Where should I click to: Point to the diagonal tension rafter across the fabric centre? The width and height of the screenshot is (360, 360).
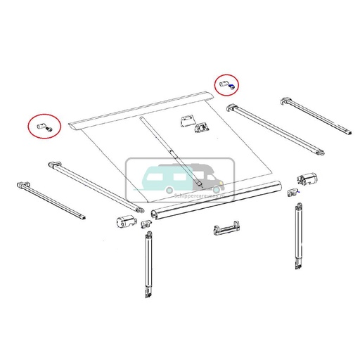pos(172,152)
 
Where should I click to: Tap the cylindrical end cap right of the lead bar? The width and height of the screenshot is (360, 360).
pos(307,179)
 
